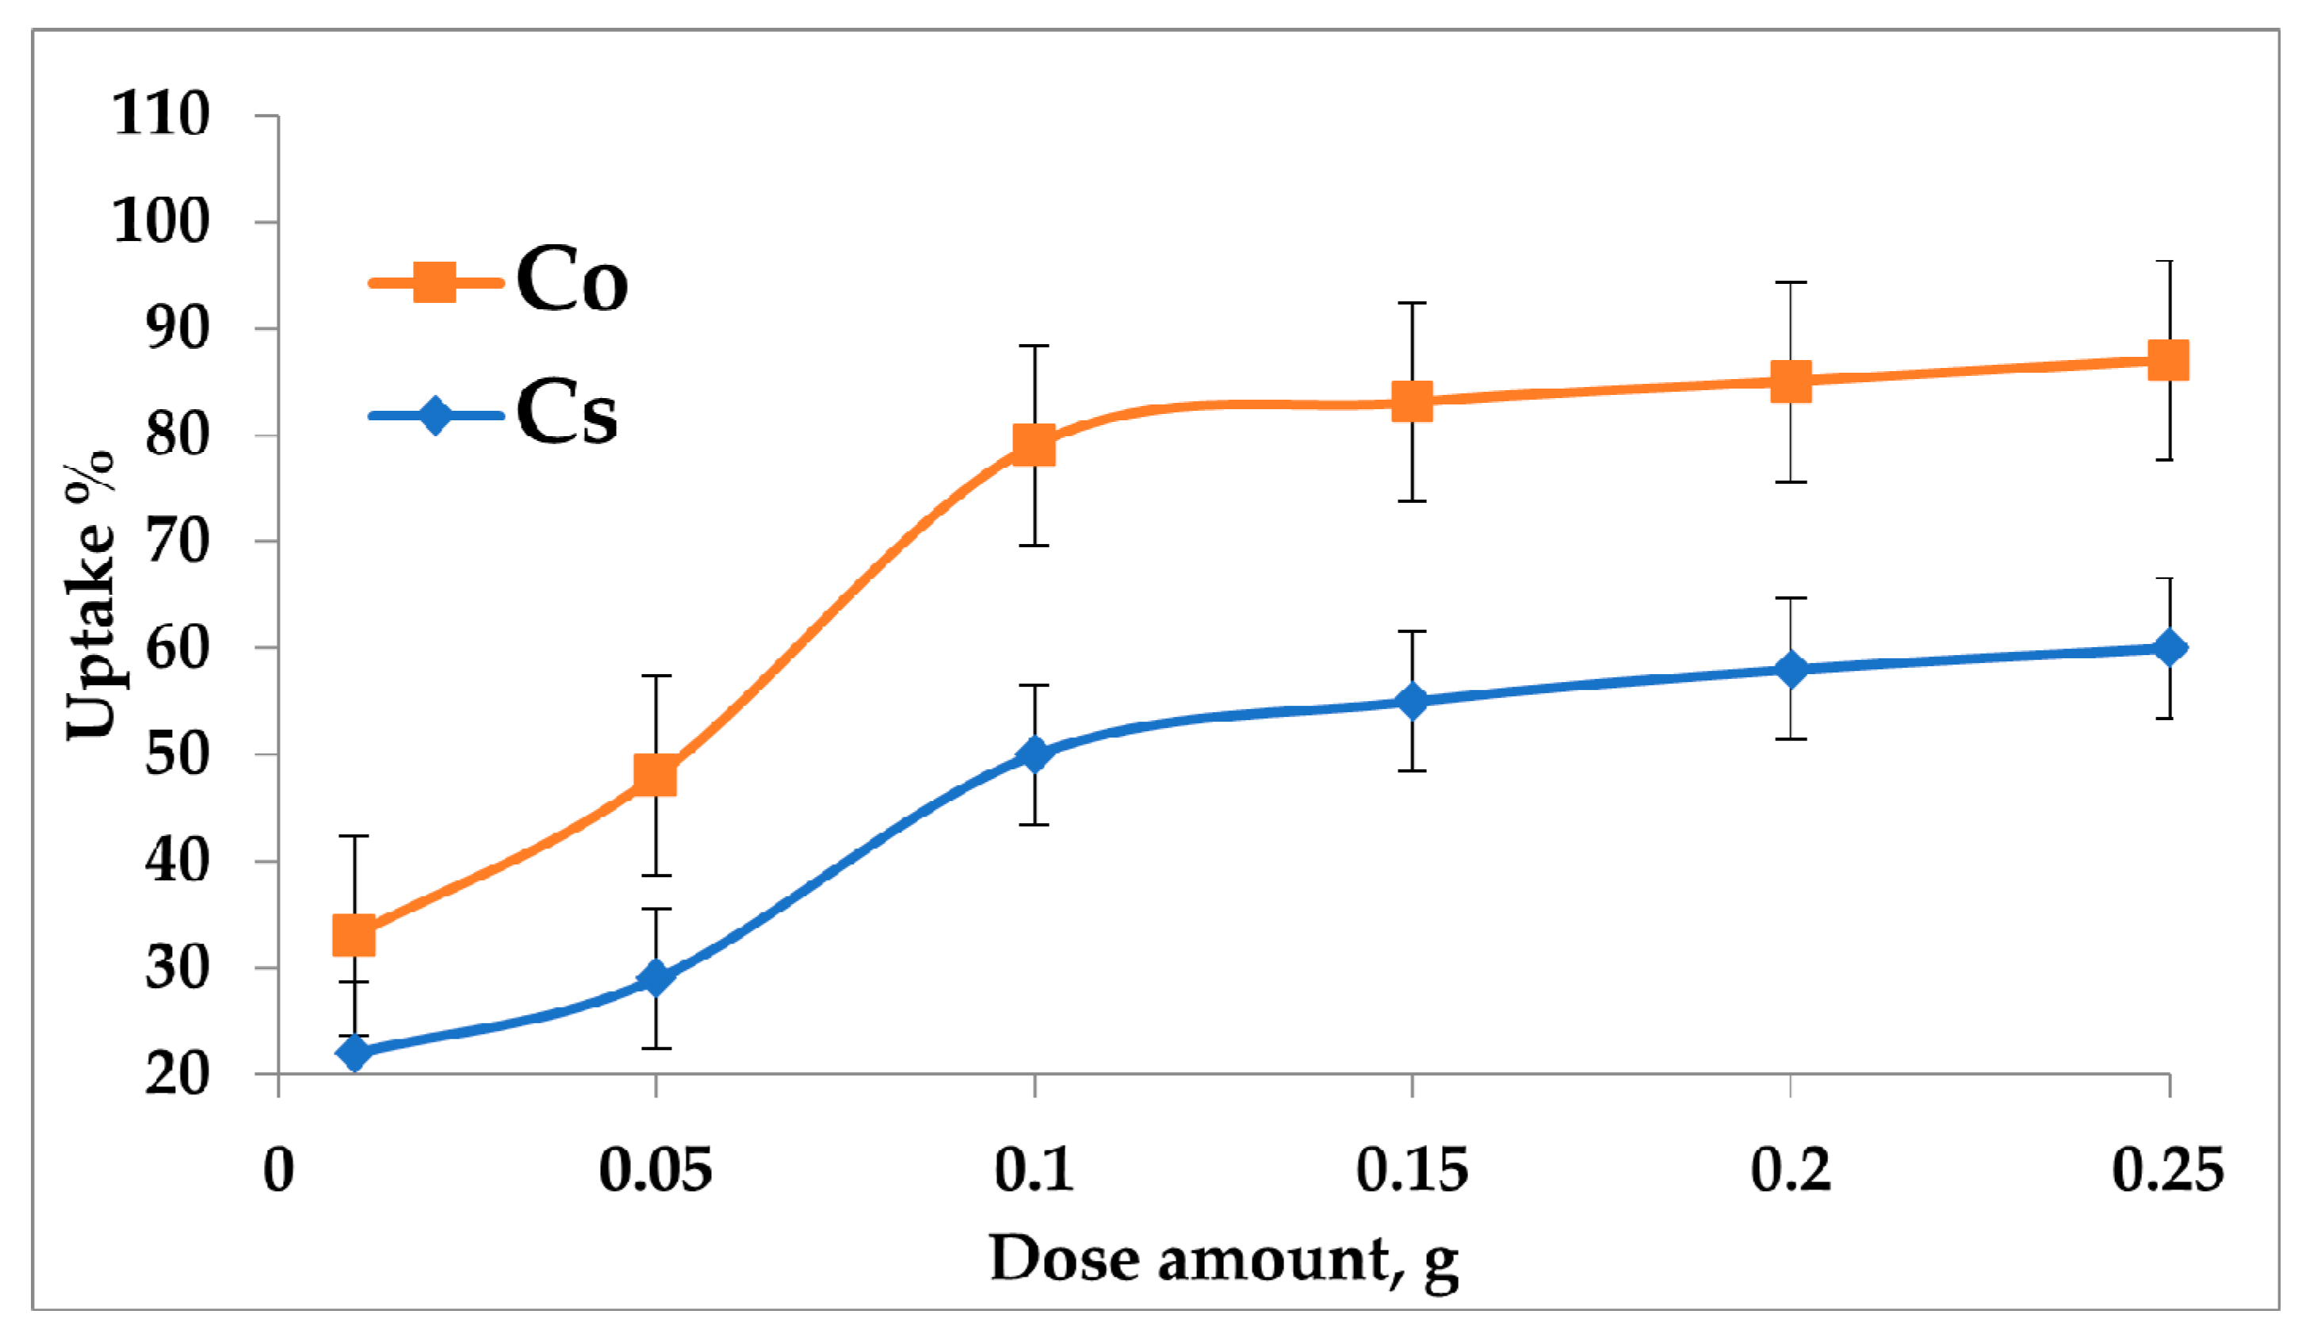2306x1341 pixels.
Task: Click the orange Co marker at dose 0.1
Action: click(1034, 445)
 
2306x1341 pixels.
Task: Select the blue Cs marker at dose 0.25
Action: click(2169, 648)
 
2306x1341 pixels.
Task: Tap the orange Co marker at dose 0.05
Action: click(656, 776)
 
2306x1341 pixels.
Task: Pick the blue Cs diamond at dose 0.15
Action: click(1412, 701)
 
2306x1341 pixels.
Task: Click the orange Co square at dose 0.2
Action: click(1791, 381)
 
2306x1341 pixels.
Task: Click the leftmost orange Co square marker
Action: click(354, 936)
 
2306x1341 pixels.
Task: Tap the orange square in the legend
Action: click(434, 282)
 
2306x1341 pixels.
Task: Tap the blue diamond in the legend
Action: click(434, 416)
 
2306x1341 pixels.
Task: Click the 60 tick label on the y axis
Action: click(178, 648)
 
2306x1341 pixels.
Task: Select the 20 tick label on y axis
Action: click(178, 1074)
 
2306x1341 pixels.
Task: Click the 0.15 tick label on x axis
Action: click(1412, 1170)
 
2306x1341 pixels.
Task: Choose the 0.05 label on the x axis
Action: click(656, 1170)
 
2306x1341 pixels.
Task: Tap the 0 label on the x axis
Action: click(278, 1170)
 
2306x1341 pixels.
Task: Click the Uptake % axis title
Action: click(91, 595)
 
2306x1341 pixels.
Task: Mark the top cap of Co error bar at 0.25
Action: click(2169, 262)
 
